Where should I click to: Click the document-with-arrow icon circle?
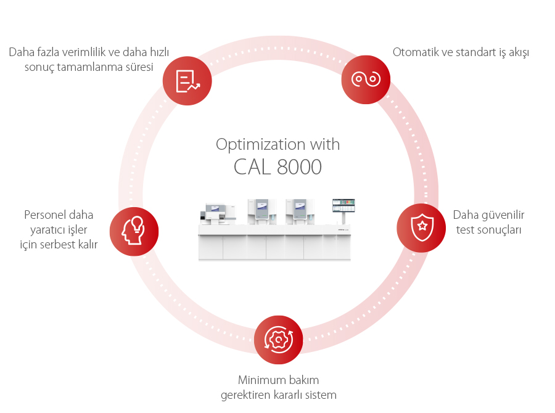(187, 80)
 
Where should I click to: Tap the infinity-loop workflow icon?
(366, 80)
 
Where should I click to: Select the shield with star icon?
(421, 227)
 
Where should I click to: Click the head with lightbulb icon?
(134, 231)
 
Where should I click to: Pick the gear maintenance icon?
(278, 340)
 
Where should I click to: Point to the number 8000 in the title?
(299, 167)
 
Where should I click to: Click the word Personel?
(46, 215)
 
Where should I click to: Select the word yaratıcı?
(43, 230)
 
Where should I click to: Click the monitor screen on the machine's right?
(344, 205)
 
